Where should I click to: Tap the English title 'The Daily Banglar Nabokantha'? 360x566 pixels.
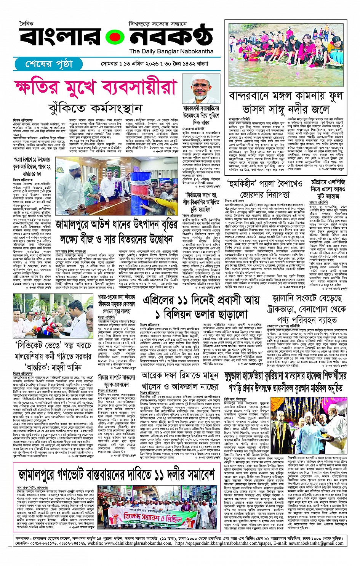[x=171, y=51]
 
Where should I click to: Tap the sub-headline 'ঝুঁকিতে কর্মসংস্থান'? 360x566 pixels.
[x=95, y=109]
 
